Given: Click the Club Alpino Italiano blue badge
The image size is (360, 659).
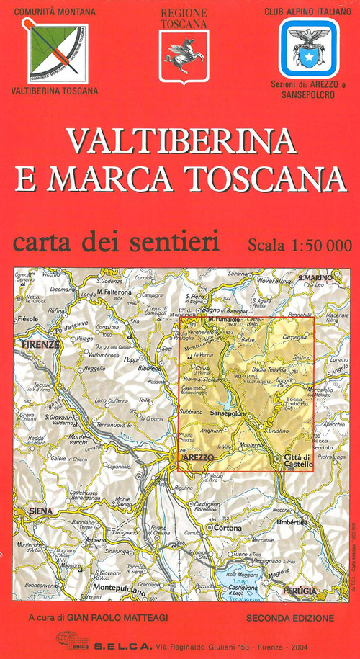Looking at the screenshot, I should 309,48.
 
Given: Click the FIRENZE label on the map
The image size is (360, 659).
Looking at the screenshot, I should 40,345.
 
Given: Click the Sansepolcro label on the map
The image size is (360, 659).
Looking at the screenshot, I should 229,413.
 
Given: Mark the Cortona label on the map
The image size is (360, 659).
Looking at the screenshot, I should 225,528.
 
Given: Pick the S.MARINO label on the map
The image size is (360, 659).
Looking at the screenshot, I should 317,278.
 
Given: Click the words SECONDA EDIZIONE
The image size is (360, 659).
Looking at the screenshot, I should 289,618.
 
